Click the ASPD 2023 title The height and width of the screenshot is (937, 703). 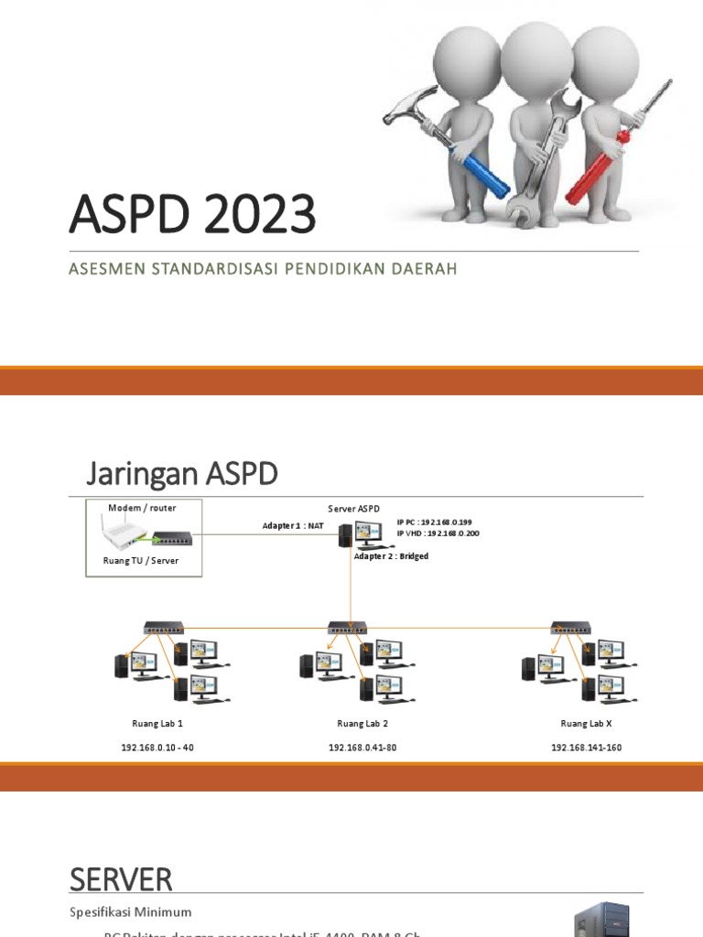coord(192,215)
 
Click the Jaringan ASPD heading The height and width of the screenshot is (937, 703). coord(181,475)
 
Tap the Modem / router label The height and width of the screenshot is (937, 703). coord(142,508)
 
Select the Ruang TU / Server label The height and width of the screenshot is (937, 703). coord(143,560)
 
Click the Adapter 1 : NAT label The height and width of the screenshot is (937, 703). coord(293,526)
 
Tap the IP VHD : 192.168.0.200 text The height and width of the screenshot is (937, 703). coord(438,533)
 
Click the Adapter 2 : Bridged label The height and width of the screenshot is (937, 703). coord(391,555)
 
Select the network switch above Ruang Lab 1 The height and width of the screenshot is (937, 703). coord(164,629)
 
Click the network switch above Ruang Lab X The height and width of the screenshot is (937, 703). coord(570,629)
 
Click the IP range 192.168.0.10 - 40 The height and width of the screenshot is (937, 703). coord(157,748)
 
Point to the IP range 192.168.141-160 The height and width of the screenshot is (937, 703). coord(586,748)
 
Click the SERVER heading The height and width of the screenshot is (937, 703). coord(121,880)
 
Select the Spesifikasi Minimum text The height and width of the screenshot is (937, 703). coord(131,912)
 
